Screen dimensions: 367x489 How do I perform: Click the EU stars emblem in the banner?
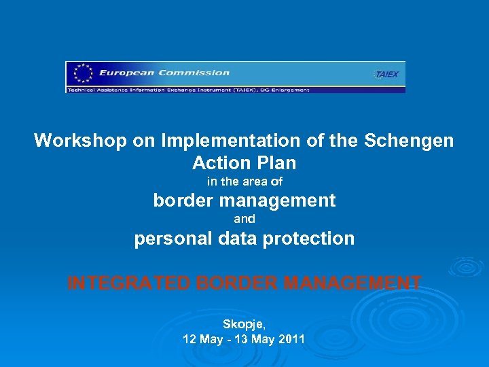point(83,73)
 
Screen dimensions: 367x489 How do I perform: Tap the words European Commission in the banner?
point(164,73)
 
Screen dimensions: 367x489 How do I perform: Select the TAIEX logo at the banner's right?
point(386,74)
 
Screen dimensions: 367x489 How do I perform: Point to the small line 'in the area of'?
point(244,181)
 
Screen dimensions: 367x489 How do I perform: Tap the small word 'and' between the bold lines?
point(244,219)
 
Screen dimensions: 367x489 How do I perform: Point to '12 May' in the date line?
point(202,339)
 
